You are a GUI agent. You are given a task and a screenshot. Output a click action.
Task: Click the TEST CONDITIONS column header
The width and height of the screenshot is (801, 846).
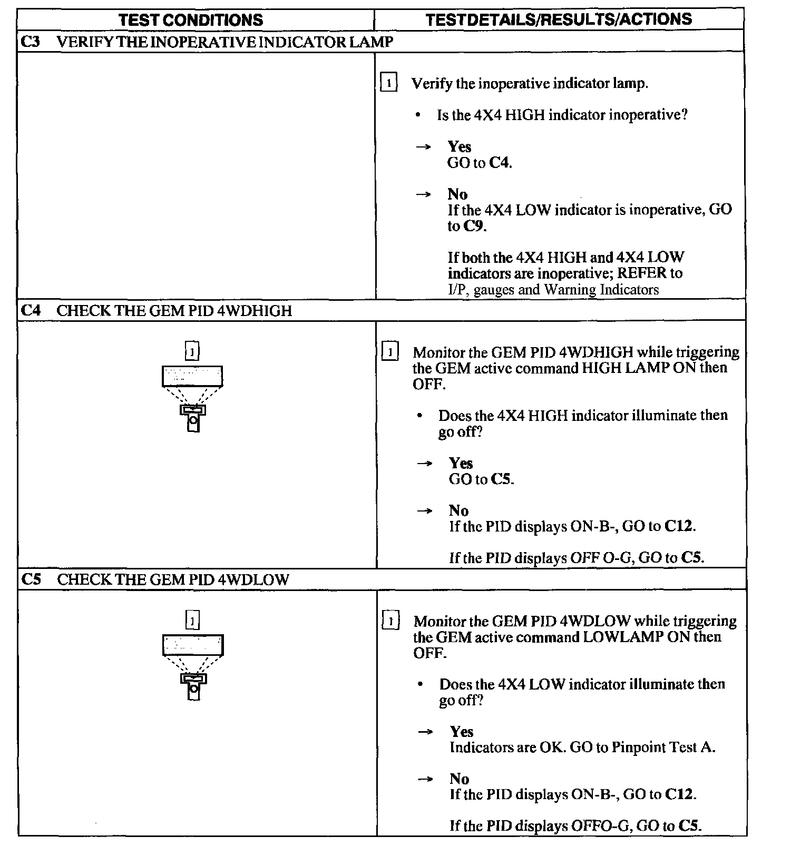(191, 20)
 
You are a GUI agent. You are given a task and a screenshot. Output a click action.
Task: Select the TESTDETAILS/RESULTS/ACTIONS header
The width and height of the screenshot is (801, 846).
(559, 19)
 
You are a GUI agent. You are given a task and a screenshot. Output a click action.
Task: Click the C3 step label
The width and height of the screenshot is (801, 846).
(31, 42)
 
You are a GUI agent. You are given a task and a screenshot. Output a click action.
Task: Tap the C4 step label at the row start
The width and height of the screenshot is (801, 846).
(31, 310)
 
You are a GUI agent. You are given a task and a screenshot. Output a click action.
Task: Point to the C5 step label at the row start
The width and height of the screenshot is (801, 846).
(31, 579)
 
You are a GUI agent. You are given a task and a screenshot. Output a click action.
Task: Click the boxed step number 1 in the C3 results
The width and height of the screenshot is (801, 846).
(388, 83)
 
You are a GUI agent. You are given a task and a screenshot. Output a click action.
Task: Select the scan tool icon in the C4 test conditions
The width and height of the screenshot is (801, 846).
(192, 398)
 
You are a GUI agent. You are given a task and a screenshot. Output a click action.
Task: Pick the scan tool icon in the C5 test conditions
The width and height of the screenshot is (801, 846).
(193, 667)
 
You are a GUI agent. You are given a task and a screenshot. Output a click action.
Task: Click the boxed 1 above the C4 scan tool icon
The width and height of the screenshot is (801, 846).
(192, 351)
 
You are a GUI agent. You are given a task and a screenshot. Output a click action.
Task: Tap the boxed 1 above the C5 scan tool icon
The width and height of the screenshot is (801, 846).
(193, 620)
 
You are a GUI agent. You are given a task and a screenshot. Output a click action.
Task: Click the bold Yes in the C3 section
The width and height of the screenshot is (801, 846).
(459, 146)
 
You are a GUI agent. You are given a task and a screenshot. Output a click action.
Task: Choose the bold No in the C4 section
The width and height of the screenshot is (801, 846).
(458, 510)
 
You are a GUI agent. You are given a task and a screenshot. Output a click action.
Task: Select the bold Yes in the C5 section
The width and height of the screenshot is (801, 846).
(461, 731)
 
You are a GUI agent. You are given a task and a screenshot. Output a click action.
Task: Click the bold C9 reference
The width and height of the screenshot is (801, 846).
(474, 226)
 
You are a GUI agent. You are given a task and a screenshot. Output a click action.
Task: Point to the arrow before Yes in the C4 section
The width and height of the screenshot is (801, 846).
(424, 464)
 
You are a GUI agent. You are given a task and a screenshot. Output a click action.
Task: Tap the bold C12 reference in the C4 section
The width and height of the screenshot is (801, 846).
(679, 526)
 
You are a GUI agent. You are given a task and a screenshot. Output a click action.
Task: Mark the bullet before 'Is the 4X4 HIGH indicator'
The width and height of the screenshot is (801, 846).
(418, 115)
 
